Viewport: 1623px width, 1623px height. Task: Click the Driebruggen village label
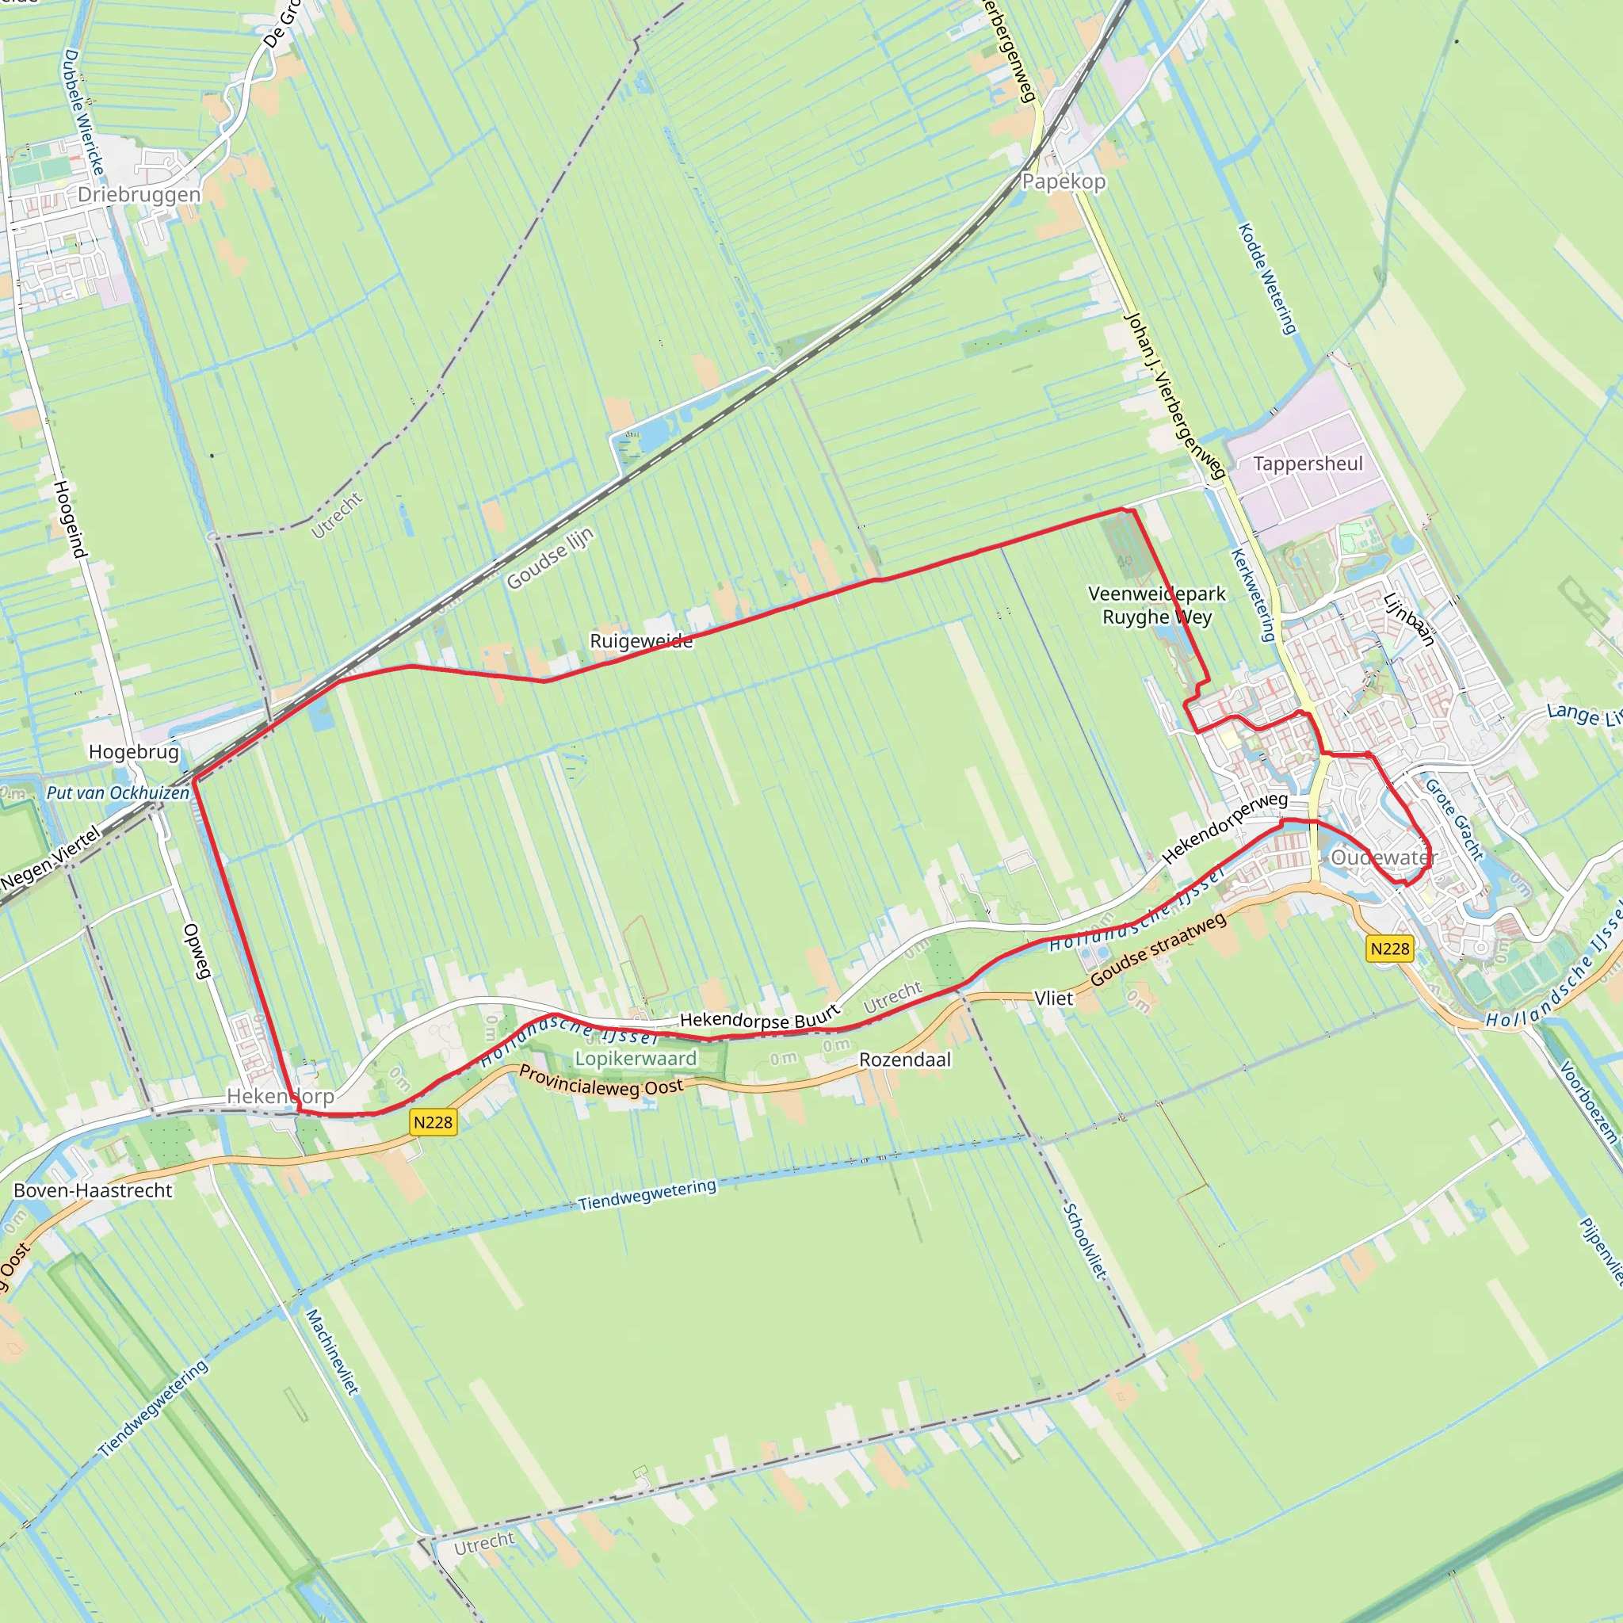[x=139, y=195]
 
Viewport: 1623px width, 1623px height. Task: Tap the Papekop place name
[x=1064, y=182]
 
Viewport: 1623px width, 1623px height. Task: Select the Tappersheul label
[x=1308, y=464]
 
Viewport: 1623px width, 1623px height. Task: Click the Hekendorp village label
[x=281, y=1096]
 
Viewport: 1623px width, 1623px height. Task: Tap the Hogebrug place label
[x=135, y=752]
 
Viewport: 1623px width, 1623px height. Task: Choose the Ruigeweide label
[x=641, y=642]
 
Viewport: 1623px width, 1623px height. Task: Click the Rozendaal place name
[x=905, y=1060]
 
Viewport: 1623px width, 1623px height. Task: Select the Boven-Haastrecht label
[x=94, y=1190]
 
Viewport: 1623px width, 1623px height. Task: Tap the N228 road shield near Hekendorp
[x=433, y=1122]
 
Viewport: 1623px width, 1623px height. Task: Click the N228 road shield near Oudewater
[x=1390, y=949]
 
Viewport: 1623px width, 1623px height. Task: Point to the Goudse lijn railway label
[x=550, y=558]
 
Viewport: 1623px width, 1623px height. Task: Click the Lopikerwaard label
[x=636, y=1059]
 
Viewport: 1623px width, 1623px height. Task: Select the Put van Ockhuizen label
[x=118, y=793]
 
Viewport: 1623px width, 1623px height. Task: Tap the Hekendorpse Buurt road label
[x=759, y=1019]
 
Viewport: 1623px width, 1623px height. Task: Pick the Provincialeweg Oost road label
[x=601, y=1081]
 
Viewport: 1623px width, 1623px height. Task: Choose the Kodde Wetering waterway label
[x=1268, y=279]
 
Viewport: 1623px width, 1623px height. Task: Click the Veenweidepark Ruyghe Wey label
[x=1157, y=605]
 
